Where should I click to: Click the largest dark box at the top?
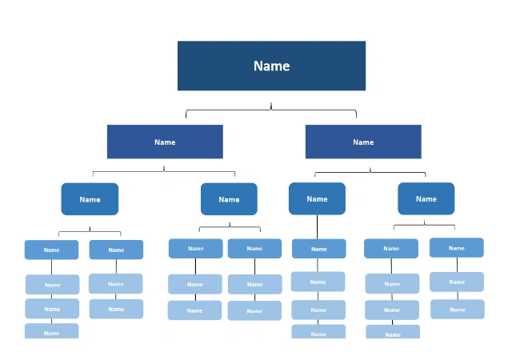tap(271, 66)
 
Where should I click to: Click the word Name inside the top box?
tap(271, 66)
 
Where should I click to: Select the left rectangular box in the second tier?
tap(165, 142)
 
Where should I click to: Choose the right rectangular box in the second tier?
tap(363, 142)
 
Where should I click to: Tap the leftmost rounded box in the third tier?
tap(90, 199)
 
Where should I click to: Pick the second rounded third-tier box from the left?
tap(229, 199)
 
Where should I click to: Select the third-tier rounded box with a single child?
tap(317, 198)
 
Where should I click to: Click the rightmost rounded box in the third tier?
tap(426, 198)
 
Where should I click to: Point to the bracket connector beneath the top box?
tap(271, 110)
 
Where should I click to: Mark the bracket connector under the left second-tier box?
tap(164, 171)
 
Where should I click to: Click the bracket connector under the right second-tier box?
tap(370, 172)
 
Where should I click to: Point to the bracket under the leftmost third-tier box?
tap(90, 232)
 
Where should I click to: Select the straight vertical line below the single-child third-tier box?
tap(317, 226)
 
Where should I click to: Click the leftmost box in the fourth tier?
tap(51, 250)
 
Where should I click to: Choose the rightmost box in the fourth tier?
tap(456, 248)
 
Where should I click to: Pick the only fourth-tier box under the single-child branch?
tap(318, 249)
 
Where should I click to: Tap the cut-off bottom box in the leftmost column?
tap(51, 331)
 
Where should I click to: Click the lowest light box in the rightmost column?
tap(457, 309)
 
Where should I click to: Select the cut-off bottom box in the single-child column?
tap(318, 332)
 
